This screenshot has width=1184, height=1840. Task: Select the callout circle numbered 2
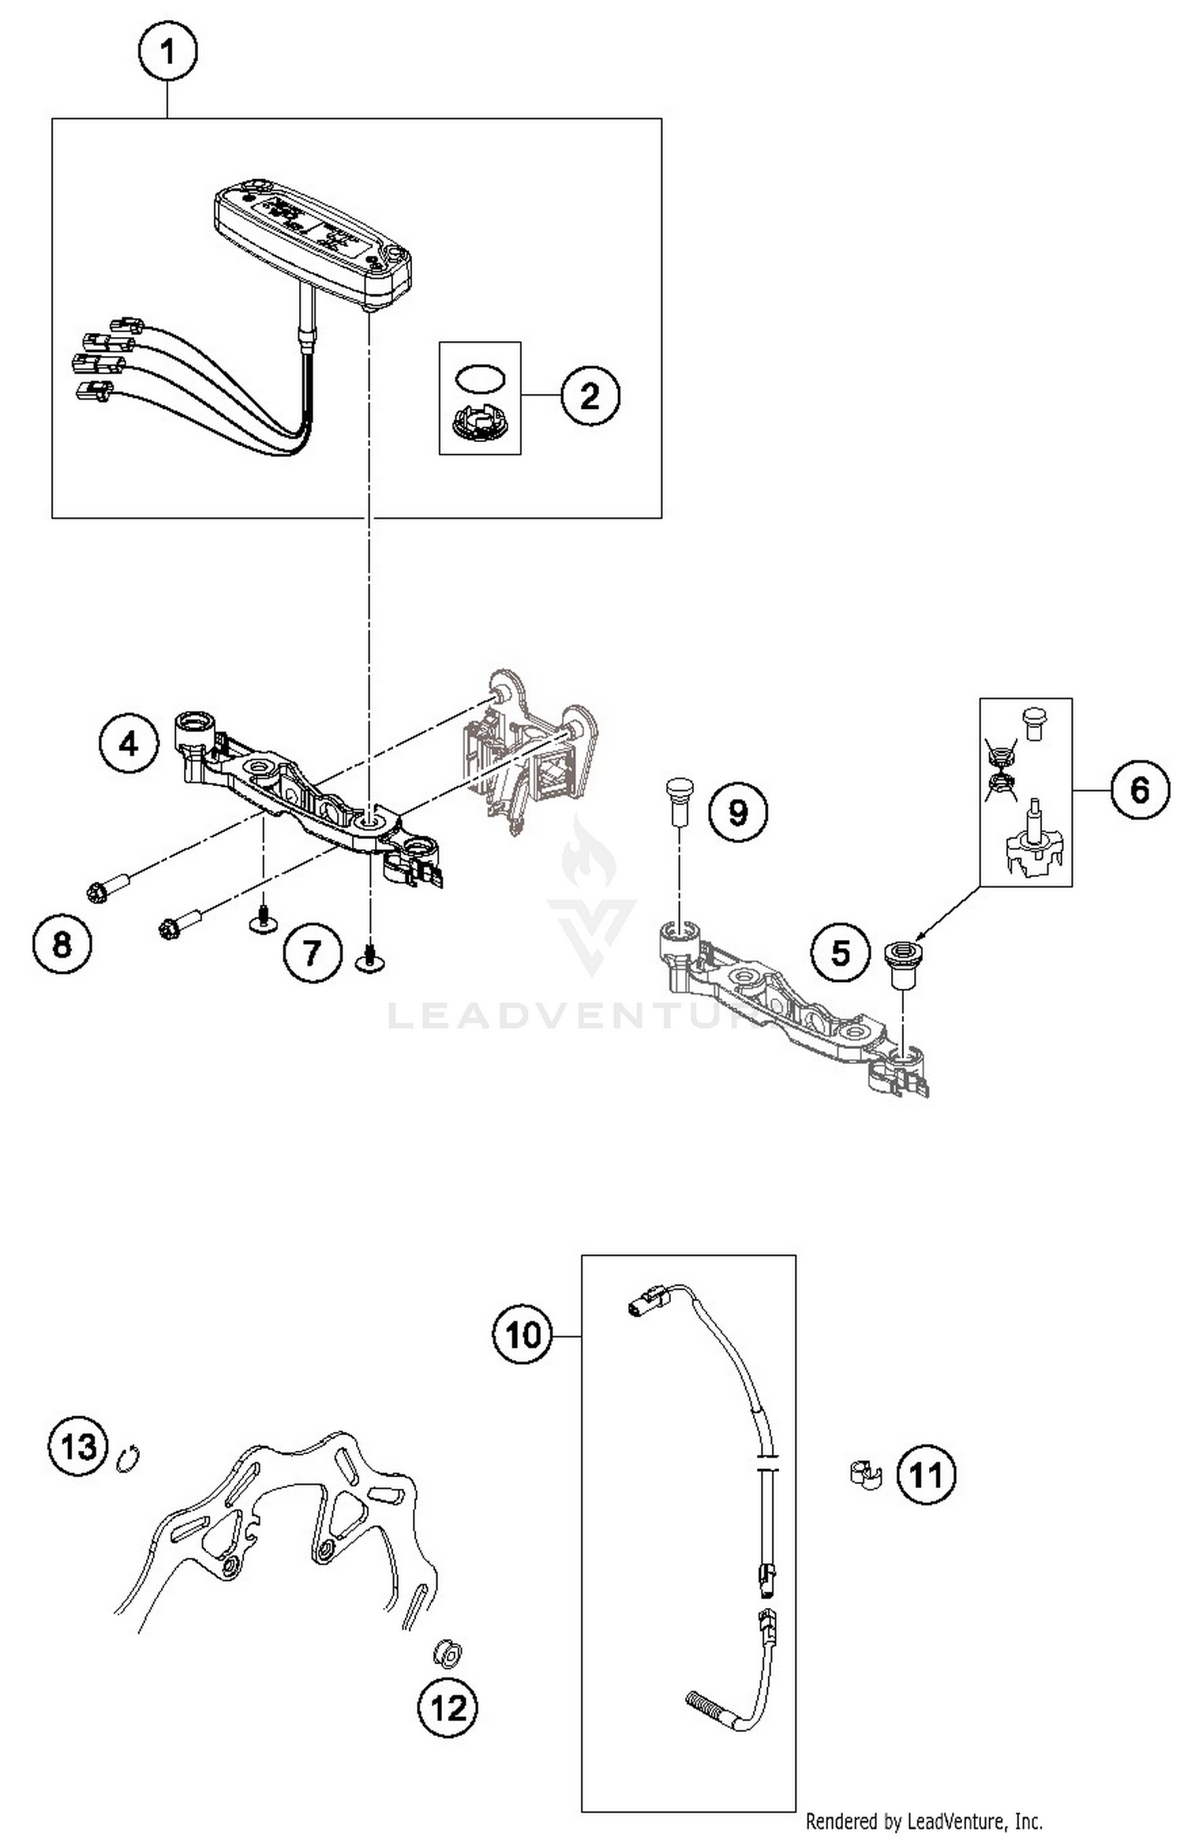point(590,395)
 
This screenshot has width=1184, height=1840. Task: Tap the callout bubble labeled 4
point(129,744)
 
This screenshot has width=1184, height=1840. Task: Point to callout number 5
point(841,953)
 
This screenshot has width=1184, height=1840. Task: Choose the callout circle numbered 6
point(1140,789)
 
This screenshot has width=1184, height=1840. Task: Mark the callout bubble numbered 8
point(62,944)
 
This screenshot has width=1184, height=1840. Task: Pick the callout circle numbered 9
point(737,811)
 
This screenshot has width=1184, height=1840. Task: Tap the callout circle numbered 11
point(926,1474)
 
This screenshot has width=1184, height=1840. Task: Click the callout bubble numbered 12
point(448,1709)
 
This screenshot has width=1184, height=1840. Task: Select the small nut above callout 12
point(448,1653)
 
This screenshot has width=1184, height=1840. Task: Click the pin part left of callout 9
point(678,800)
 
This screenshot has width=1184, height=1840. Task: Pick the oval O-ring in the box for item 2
point(479,378)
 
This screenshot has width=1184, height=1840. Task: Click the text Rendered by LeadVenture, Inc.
point(924,1822)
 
